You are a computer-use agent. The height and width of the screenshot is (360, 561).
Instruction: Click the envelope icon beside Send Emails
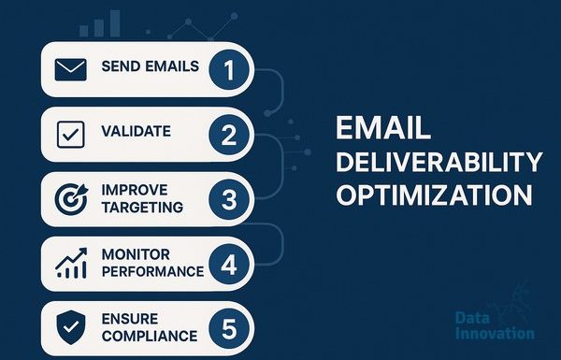click(70, 69)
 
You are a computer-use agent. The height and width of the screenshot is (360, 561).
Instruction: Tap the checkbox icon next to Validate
click(71, 135)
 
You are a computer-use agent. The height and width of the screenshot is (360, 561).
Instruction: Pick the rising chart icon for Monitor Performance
click(71, 264)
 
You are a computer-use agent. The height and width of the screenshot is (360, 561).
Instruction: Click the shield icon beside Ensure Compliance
click(71, 327)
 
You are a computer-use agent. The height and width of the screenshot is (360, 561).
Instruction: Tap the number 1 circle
click(229, 70)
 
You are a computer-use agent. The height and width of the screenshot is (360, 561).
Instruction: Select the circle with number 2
click(229, 135)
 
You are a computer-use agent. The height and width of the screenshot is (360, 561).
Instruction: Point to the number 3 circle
click(229, 199)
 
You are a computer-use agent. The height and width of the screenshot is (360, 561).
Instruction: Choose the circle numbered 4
click(229, 265)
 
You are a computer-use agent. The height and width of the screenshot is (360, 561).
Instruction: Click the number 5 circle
click(229, 328)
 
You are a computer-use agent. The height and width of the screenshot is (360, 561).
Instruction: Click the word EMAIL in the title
click(383, 128)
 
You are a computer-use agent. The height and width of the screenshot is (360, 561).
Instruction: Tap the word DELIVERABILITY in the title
click(439, 162)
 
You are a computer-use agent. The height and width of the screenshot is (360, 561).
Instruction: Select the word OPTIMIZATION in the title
click(434, 195)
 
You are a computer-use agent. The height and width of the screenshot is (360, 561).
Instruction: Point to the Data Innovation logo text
click(496, 325)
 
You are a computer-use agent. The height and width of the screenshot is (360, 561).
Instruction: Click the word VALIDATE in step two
click(136, 131)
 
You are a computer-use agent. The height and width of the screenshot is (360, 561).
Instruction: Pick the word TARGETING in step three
click(142, 208)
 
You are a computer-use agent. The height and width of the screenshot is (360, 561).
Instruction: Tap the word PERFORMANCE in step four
click(152, 271)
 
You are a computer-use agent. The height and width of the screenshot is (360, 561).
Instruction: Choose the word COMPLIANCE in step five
click(150, 336)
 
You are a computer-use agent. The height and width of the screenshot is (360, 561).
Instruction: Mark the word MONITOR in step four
click(136, 254)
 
